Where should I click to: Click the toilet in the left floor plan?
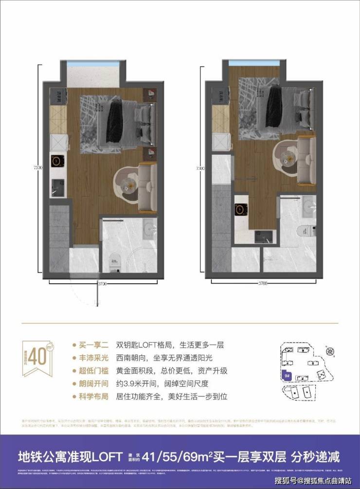pyautogui.click(x=114, y=263)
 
